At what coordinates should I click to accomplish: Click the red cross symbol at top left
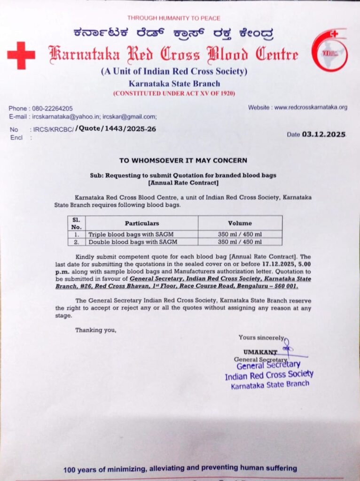21,55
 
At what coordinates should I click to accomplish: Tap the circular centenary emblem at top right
330,50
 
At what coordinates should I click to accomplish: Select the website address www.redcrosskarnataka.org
311,107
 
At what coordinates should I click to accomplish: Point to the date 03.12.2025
323,134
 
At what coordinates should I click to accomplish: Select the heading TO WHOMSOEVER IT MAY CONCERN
183,160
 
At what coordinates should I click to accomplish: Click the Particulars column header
141,223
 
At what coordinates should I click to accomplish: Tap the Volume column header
240,223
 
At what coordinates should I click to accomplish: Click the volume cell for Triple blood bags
240,234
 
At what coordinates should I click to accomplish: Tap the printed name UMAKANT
260,352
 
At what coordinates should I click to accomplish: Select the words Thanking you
95,330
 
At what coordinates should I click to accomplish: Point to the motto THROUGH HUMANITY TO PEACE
173,18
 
